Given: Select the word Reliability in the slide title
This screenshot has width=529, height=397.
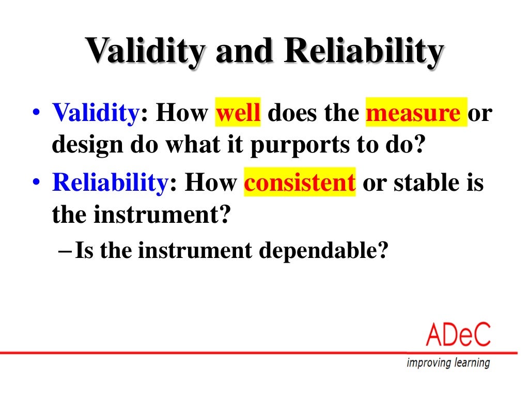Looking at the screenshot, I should pyautogui.click(x=363, y=51).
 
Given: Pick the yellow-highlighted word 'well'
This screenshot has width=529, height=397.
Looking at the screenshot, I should pyautogui.click(x=238, y=113).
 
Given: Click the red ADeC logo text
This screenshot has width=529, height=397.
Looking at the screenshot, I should pyautogui.click(x=458, y=336).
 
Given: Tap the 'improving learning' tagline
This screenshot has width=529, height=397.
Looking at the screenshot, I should pyautogui.click(x=448, y=363).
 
